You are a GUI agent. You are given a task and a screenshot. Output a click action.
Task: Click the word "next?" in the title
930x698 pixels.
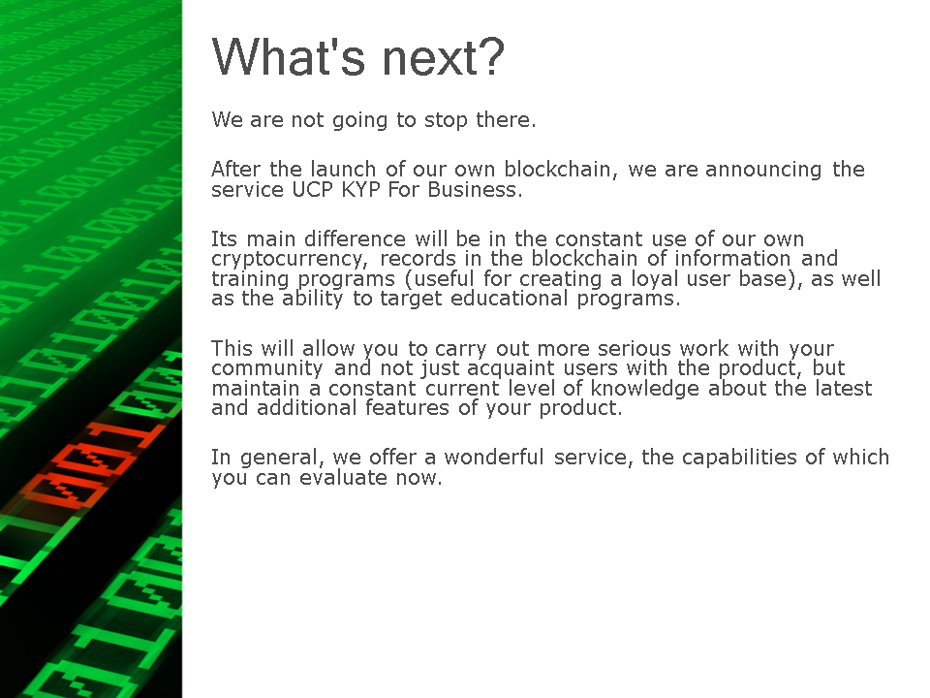click(x=443, y=57)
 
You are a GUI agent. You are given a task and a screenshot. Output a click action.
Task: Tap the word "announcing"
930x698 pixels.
click(x=763, y=171)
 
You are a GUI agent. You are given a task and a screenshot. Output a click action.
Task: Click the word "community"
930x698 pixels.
click(x=267, y=368)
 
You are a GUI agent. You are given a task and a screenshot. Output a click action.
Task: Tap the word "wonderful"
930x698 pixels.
click(x=494, y=457)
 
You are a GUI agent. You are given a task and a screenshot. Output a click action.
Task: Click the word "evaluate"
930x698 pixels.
click(x=343, y=478)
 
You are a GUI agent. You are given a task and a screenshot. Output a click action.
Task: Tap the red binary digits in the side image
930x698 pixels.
click(x=89, y=463)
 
